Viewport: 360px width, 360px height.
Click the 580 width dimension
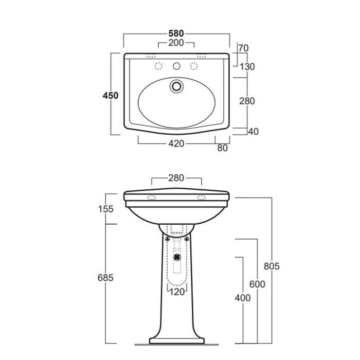click(176, 33)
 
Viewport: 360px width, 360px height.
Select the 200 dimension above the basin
click(176, 43)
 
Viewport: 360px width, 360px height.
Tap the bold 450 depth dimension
click(111, 96)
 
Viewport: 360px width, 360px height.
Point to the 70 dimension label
click(243, 48)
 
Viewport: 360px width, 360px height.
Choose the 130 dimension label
click(247, 67)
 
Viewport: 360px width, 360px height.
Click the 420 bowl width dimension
click(176, 143)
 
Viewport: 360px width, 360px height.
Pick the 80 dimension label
click(222, 148)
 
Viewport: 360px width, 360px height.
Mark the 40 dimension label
click(253, 132)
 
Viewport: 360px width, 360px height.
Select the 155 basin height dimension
click(105, 209)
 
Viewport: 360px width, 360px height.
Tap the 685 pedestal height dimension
click(105, 278)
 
